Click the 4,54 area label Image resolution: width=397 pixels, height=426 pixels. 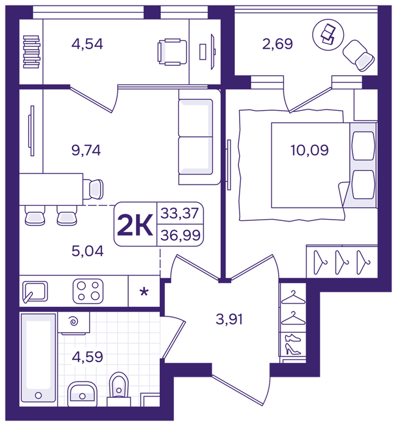pos(87,44)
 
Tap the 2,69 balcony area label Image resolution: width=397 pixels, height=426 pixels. pos(277,44)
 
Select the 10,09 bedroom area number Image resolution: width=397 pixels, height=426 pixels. pos(310,150)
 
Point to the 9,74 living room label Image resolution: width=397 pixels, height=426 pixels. pos(86,150)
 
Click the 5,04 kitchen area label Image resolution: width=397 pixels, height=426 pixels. pos(87,251)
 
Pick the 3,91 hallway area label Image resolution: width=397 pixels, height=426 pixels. pos(229,319)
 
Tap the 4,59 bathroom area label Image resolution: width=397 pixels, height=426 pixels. pos(87,357)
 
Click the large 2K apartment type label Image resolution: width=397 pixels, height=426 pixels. pos(135,225)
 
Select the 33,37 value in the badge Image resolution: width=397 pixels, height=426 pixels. pos(180,213)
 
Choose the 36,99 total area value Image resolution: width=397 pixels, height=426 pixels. pos(181,236)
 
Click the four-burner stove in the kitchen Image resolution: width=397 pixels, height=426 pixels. pos(88,292)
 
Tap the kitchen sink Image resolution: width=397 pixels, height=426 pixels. pos(35,292)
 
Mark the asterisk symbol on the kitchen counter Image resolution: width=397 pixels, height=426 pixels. pos(144,292)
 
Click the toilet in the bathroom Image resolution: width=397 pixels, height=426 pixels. pos(119,390)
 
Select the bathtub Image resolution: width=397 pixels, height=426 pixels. pos(38,360)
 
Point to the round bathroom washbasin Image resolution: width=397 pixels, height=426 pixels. pos(82,394)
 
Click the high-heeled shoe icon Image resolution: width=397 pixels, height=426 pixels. pos(293,349)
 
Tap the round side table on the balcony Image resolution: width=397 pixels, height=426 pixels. pos(328,35)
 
